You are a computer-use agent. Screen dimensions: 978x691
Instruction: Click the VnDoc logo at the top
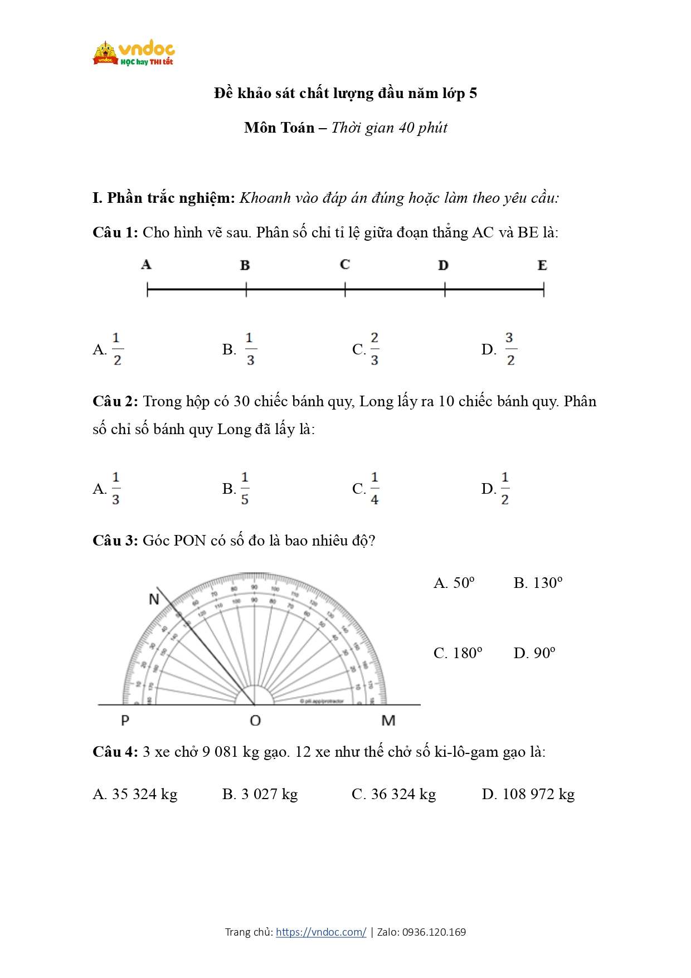134,53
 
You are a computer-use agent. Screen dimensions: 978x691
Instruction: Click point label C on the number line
345,264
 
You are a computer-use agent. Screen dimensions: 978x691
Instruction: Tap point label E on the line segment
542,265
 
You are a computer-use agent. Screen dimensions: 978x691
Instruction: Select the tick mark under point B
246,289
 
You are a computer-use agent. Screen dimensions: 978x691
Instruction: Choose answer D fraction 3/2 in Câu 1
509,349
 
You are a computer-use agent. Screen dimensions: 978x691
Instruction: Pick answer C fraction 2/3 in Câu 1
374,349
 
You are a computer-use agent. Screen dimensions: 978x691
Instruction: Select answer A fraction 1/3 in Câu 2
115,489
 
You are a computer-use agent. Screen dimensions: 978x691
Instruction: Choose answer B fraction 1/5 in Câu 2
244,489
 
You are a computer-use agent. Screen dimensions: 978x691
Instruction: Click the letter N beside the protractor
154,599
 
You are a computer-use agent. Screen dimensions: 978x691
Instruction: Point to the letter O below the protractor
255,721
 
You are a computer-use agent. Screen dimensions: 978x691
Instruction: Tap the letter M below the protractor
388,721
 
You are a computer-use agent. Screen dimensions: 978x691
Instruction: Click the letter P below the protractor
125,721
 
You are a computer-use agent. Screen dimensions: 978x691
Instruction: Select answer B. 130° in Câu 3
538,583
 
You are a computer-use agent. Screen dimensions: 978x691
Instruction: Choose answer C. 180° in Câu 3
458,653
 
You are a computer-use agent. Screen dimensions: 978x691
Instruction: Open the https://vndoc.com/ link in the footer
321,932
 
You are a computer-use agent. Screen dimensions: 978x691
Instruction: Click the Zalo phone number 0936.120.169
434,932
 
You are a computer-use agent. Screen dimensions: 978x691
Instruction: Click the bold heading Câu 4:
115,752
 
